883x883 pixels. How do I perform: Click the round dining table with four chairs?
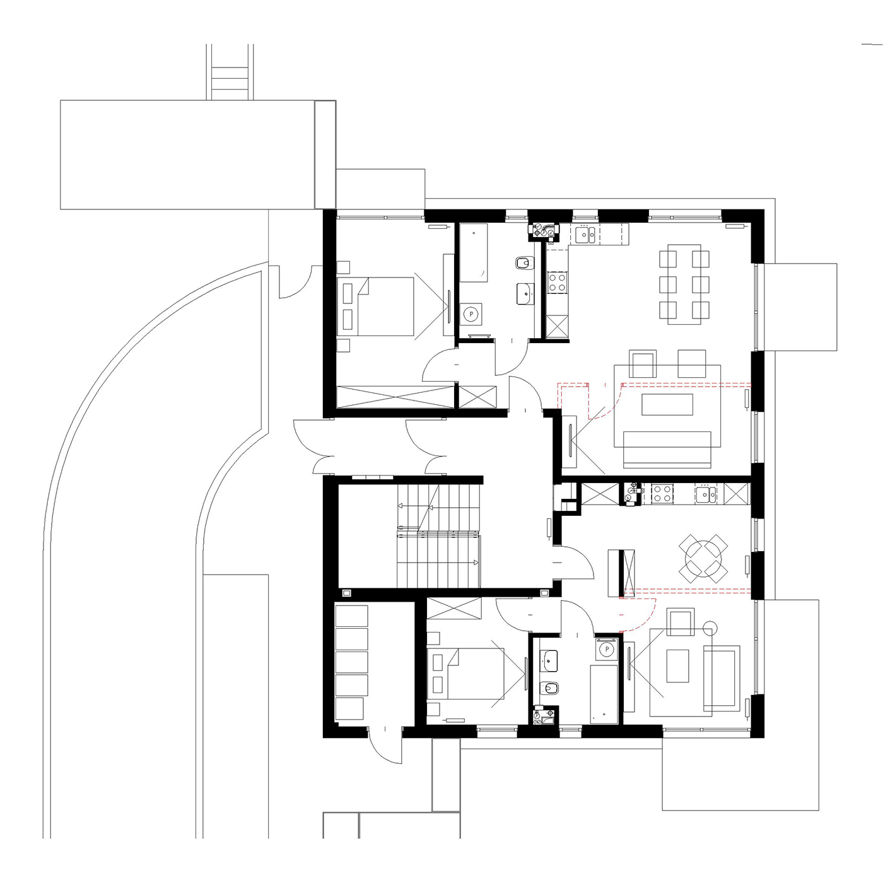(x=703, y=558)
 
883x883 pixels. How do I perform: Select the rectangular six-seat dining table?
(x=684, y=284)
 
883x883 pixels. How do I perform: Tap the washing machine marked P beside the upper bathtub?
(x=471, y=314)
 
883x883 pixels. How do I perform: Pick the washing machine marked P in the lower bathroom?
(x=607, y=649)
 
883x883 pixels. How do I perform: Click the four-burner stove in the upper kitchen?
(x=558, y=283)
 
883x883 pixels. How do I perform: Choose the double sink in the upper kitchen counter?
(x=585, y=235)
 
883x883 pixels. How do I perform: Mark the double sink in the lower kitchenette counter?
(x=706, y=493)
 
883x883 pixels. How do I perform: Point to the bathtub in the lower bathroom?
(x=604, y=694)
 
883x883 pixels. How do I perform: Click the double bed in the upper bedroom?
(x=375, y=306)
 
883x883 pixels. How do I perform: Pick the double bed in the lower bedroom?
(x=465, y=674)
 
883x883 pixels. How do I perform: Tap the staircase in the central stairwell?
(x=438, y=537)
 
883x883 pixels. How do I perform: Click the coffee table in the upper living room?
(x=667, y=405)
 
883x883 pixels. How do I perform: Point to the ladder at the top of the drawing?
(x=230, y=72)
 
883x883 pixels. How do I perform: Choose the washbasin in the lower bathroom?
(x=549, y=661)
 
